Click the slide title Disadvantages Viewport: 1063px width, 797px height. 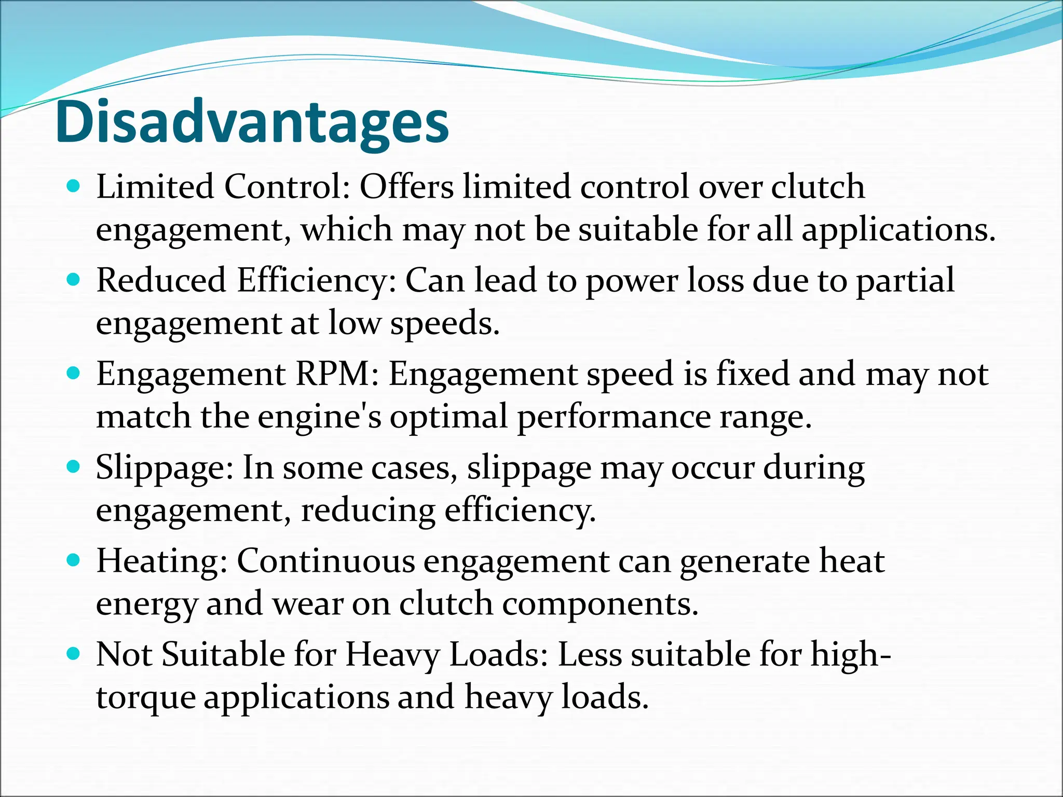[252, 122]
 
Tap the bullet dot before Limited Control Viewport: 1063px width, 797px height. [74, 186]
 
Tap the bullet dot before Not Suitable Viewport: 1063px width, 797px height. [74, 654]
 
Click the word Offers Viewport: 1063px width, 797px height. [406, 186]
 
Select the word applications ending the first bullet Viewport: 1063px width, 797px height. [898, 230]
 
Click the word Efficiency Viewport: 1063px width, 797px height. [317, 280]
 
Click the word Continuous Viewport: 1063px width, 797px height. [326, 561]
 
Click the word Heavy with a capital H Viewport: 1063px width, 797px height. [392, 655]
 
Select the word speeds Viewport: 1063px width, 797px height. [444, 324]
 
